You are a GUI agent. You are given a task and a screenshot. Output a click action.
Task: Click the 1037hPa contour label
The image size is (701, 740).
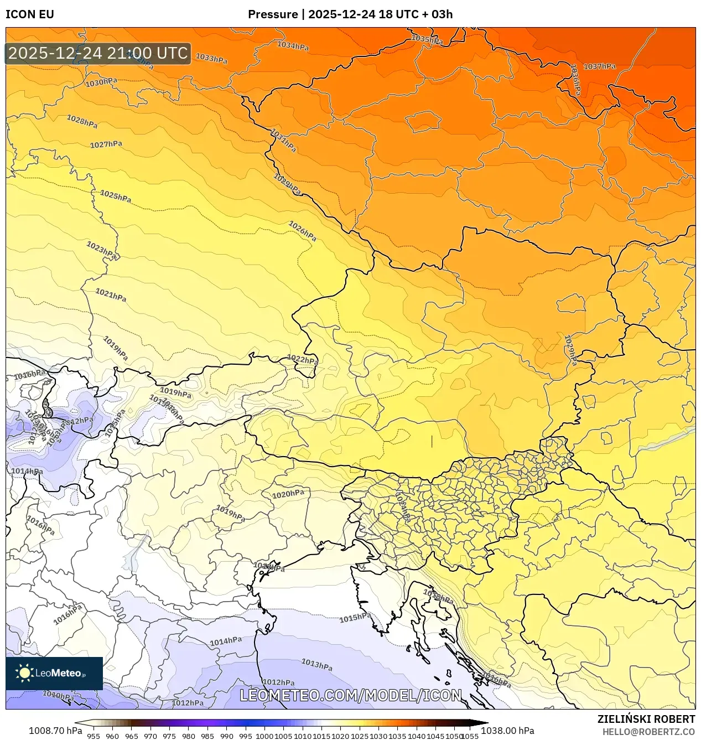coord(599,66)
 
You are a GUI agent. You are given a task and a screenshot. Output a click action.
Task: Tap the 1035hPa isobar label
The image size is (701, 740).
coord(427,39)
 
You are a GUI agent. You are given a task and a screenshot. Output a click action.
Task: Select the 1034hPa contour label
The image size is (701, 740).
coord(293,46)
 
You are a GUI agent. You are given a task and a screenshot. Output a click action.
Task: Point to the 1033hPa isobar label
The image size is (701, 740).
coord(211,58)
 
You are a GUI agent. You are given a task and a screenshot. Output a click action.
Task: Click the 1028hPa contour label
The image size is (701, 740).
coord(82,121)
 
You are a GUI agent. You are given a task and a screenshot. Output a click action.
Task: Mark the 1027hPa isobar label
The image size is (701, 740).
coord(106,144)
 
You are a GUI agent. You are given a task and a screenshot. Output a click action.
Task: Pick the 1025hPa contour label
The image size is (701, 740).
coord(116,196)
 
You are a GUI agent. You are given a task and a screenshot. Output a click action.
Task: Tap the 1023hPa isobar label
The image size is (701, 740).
coord(102,250)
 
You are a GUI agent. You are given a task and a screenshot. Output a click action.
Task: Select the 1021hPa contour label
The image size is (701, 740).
coord(111,295)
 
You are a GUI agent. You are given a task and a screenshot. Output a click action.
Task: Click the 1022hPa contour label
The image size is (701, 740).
coord(303,360)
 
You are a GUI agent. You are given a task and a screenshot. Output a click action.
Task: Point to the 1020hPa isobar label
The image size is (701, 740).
coord(288,494)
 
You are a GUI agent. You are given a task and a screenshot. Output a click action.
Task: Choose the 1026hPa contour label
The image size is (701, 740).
coord(303,231)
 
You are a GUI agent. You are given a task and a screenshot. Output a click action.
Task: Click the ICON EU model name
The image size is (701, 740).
coord(30,14)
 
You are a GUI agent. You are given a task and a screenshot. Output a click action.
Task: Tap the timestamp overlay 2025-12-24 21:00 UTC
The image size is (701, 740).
coord(98,53)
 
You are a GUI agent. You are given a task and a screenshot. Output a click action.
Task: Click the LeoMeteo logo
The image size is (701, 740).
coord(54,673)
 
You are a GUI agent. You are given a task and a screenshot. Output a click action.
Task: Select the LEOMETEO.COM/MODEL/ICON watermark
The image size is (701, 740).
coord(350,695)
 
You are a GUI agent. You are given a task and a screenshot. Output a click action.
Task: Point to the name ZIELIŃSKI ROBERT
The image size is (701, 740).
coord(646,719)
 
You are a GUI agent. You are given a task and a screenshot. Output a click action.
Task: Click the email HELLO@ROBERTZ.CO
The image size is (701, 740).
coord(648,732)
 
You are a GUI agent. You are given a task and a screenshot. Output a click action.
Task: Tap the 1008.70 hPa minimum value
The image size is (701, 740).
coord(55,731)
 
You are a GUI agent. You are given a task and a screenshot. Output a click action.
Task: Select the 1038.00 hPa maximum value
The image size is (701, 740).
coord(507,731)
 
